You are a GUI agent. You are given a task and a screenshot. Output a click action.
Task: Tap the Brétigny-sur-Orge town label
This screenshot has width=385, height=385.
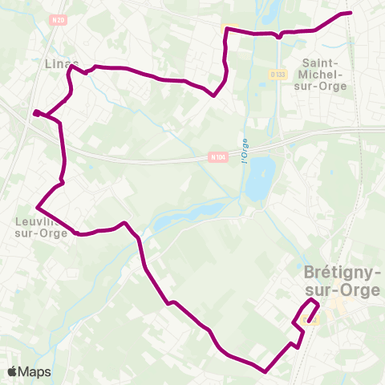pyautogui.click(x=342, y=281)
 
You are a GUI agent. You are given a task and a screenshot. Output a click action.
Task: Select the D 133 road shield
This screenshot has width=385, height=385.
pyautogui.click(x=278, y=75)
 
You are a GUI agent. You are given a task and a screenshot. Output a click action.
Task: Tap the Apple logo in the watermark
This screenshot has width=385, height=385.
pyautogui.click(x=13, y=371)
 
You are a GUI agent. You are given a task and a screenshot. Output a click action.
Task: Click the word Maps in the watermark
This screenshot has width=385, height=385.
pyautogui.click(x=35, y=371)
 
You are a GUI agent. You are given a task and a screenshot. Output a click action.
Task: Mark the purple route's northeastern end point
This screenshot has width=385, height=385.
pyautogui.click(x=351, y=13)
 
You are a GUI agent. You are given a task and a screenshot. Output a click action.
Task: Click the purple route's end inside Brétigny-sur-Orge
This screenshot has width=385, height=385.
pyautogui.click(x=309, y=321)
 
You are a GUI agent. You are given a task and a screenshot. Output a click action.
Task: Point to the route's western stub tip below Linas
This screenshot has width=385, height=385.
pyautogui.click(x=34, y=113)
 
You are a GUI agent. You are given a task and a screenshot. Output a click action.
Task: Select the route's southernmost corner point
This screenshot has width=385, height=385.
pyautogui.click(x=265, y=371)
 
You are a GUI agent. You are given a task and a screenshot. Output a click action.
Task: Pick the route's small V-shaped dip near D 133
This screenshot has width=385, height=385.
pyautogui.click(x=278, y=36)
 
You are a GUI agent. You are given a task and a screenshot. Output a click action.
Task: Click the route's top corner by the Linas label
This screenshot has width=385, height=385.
pyautogui.click(x=70, y=67)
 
